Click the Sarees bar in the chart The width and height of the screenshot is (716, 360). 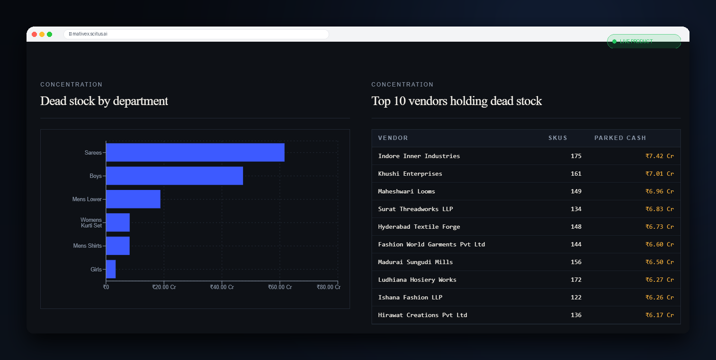pos(195,153)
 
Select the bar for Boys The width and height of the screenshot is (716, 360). pos(175,176)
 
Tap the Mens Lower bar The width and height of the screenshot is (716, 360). pos(133,199)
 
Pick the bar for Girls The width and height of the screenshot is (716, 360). pos(111,269)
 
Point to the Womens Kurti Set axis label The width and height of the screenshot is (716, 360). pos(91,223)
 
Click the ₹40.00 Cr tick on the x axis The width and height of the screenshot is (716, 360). pos(222,287)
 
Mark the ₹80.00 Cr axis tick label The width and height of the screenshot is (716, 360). pos(329,287)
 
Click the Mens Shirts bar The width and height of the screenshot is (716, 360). pos(118,246)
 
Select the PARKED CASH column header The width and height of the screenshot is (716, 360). pos(620,138)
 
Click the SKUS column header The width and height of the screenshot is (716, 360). pos(558,138)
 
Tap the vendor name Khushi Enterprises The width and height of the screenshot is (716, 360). pos(410,174)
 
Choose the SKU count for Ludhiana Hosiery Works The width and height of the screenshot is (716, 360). pos(576,280)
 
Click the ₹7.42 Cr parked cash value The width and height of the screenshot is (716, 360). pos(660,156)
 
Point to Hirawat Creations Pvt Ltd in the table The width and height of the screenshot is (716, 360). pos(422,315)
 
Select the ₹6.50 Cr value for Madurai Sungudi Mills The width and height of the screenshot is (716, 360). pos(660,262)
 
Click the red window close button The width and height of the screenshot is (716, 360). pos(34,34)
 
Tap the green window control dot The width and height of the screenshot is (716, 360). pos(50,34)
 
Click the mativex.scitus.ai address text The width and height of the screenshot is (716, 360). pos(90,34)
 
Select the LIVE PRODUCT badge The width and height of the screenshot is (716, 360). pos(644,41)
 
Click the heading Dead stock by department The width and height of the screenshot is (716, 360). pos(104,101)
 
